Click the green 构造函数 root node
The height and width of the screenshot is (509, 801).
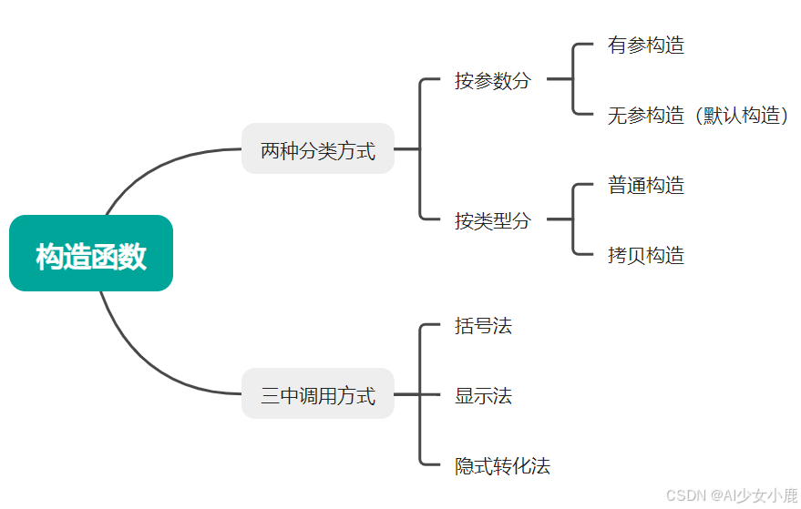[x=91, y=254]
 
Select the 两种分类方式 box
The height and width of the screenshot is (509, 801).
[x=317, y=149]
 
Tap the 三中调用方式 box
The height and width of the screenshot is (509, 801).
[x=317, y=394]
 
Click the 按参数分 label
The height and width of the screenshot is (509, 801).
[x=492, y=80]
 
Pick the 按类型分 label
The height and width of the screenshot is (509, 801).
[x=492, y=219]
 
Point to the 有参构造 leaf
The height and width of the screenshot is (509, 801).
[x=645, y=45]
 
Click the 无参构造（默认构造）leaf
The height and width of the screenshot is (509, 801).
[x=697, y=115]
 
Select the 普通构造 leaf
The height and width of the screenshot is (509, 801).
[x=645, y=185]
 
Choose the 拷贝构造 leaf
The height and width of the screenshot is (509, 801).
[x=645, y=255]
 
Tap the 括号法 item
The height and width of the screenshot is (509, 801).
[x=483, y=325]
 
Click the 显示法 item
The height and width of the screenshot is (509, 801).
[x=483, y=395]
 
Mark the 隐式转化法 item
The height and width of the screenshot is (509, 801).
[x=502, y=466]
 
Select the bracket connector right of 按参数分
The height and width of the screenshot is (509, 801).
[x=573, y=80]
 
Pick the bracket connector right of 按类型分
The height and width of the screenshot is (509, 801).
[x=573, y=219]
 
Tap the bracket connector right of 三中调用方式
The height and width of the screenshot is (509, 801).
[x=420, y=395]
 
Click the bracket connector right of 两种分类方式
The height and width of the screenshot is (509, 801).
[x=420, y=149]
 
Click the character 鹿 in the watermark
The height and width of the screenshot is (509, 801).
[x=790, y=495]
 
